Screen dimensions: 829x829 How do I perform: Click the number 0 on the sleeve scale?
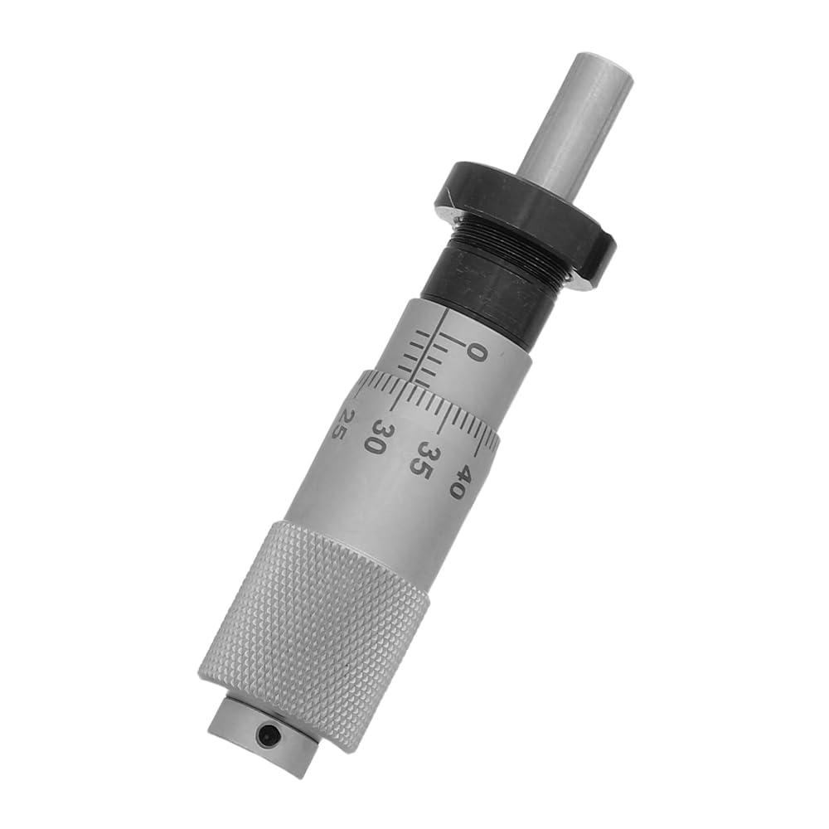pyautogui.click(x=478, y=352)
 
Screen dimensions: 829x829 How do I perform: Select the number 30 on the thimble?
pyautogui.click(x=379, y=436)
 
